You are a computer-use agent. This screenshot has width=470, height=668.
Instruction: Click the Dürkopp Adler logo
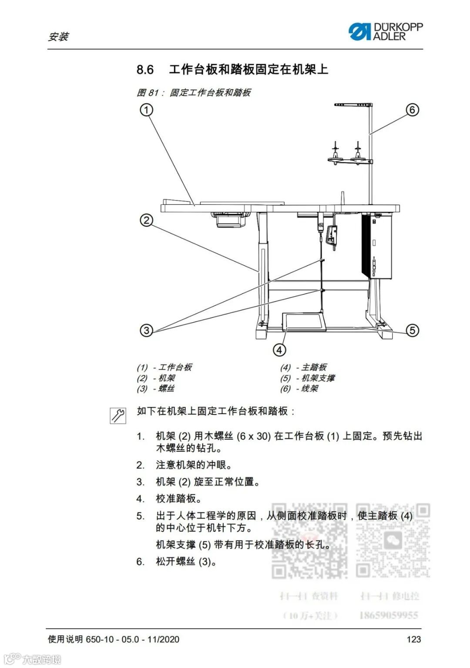point(385,32)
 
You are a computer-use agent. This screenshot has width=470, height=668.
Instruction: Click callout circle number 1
point(147,110)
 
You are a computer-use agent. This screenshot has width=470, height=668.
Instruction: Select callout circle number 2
point(147,220)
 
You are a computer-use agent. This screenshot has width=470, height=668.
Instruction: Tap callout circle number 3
point(147,330)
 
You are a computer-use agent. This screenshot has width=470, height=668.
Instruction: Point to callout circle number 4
point(279,350)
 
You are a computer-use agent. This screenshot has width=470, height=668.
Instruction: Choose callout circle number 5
point(412,330)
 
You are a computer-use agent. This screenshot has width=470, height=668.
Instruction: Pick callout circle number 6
point(412,110)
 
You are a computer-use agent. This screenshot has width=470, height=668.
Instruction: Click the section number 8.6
point(145,70)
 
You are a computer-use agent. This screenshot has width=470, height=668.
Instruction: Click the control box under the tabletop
point(377,246)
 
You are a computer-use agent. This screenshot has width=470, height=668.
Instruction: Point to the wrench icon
point(117,416)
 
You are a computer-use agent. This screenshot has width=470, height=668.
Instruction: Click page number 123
point(413,639)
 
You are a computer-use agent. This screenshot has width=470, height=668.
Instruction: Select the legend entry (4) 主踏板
point(303,367)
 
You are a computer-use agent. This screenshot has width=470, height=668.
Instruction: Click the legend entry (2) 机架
point(156,378)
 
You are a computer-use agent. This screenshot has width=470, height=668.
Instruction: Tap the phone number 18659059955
point(389,615)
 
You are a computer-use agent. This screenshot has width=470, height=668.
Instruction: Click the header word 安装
point(58,37)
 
